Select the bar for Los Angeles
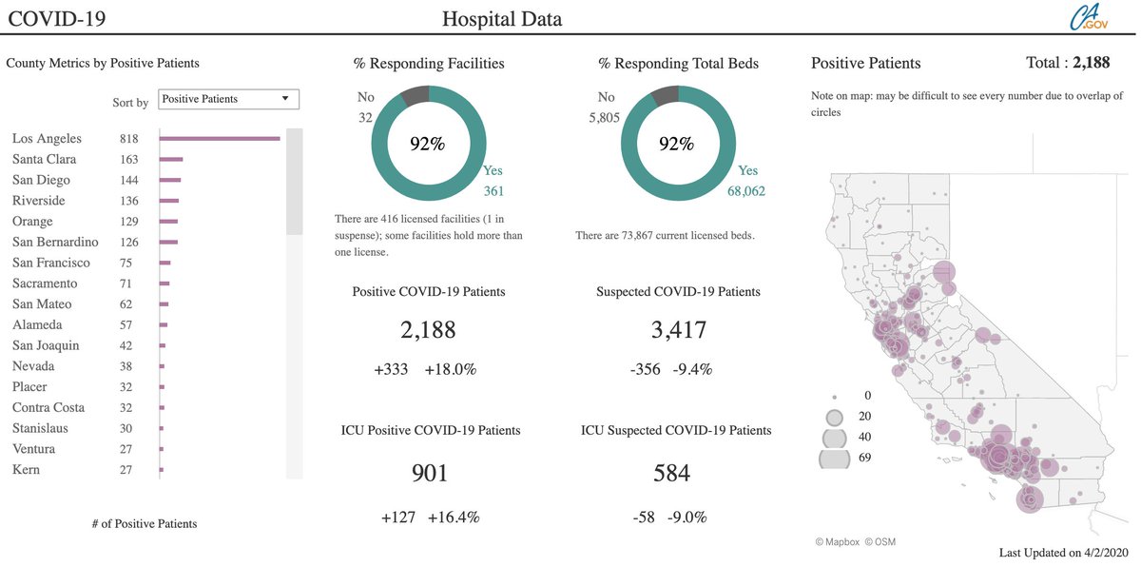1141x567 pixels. click(x=219, y=139)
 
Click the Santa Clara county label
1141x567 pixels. click(x=44, y=160)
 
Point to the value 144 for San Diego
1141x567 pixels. click(x=128, y=181)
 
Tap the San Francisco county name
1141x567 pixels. click(x=50, y=263)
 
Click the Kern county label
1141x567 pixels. click(x=26, y=470)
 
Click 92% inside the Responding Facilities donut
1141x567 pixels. click(x=427, y=144)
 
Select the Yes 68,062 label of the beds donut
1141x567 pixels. click(x=747, y=181)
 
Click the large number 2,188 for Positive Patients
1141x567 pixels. click(x=428, y=330)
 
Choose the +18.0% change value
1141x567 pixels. click(x=450, y=369)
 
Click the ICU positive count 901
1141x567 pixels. click(x=429, y=473)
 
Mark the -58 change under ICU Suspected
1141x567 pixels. click(x=644, y=518)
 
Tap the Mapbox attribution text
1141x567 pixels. click(x=837, y=542)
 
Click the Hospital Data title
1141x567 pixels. click(x=502, y=18)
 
